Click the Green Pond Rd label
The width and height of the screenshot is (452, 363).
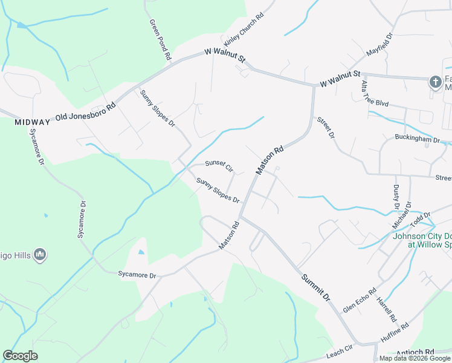(160, 39)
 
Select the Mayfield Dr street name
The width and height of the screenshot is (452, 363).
(379, 45)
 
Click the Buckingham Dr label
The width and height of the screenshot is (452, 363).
(418, 139)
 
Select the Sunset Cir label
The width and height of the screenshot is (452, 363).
(219, 165)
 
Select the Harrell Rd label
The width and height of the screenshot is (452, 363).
(386, 309)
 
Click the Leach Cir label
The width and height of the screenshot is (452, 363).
(339, 350)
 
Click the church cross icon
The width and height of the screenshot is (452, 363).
(435, 82)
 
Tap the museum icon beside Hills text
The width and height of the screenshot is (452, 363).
(40, 255)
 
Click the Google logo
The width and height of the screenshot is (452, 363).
(20, 356)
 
